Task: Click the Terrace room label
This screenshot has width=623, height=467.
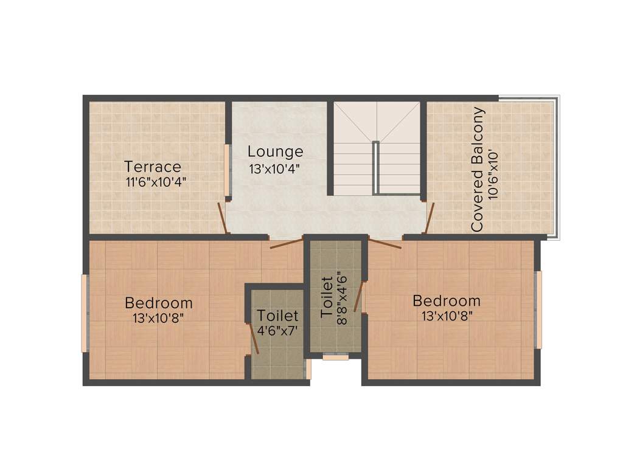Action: [153, 166]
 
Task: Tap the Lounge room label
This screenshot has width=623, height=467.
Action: [275, 151]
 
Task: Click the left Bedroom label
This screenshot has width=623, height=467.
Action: [159, 302]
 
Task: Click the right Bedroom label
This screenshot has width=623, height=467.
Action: [447, 300]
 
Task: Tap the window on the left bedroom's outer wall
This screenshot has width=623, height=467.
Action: [85, 313]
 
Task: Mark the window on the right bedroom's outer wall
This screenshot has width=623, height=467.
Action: [538, 310]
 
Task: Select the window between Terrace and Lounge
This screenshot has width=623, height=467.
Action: [228, 170]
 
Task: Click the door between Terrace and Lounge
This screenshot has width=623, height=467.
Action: [223, 218]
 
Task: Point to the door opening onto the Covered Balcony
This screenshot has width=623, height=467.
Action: [430, 218]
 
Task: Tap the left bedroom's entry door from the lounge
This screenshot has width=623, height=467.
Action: [286, 244]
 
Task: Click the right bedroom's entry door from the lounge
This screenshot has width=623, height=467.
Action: [385, 244]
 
